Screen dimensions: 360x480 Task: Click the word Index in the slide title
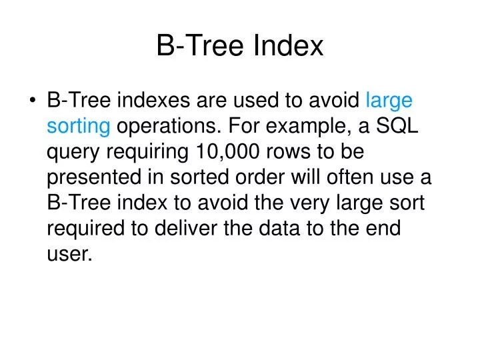pos(290,46)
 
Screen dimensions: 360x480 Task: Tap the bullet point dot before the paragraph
pos(33,101)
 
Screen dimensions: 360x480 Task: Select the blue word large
pos(389,101)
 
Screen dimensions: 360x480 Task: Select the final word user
pos(68,254)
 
